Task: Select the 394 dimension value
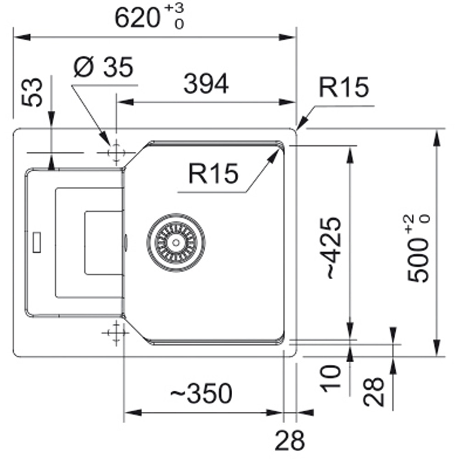(206, 84)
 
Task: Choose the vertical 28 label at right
(374, 392)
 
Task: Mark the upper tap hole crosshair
(116, 152)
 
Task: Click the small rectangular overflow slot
(37, 242)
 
